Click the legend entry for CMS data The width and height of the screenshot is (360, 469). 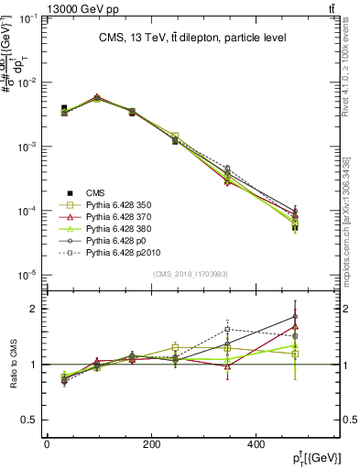tap(95, 191)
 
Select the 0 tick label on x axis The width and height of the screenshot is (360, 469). tap(47, 444)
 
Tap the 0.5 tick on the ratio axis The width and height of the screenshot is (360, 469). tap(30, 420)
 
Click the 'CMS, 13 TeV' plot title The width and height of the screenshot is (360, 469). tap(192, 38)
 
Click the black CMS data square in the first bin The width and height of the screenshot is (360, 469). tap(64, 108)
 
